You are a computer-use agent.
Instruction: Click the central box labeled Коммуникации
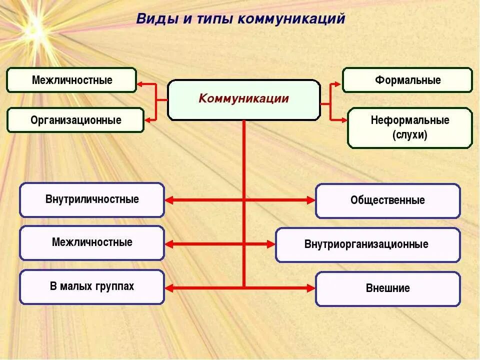pos(243,100)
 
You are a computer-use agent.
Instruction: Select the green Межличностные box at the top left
pos(71,80)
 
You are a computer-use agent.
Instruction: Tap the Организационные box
pos(75,120)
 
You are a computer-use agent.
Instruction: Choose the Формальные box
pos(407,80)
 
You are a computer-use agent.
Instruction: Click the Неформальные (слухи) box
pos(409,127)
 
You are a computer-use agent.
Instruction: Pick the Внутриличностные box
pos(92,199)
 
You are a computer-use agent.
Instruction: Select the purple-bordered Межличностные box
pos(92,242)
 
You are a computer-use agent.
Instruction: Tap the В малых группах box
pos(92,286)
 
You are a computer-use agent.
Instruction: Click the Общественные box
pos(387,200)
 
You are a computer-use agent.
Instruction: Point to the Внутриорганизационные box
pos(367,244)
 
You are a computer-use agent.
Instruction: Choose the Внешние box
pos(387,288)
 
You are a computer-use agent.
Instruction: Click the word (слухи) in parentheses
pos(409,135)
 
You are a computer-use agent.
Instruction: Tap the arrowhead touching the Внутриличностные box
pos(169,200)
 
